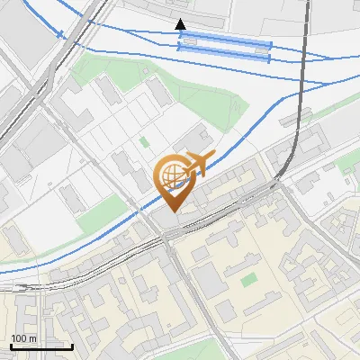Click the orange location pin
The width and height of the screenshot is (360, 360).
pos(172,180)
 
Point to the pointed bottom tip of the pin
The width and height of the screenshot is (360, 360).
pos(172,211)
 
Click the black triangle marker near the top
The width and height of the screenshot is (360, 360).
pos(181,24)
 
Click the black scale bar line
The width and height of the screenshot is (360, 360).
pos(41,346)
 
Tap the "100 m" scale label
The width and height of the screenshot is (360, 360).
pos(24,338)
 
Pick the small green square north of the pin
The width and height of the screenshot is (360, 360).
pos(144,141)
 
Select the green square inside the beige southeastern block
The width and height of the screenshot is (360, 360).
pos(248,280)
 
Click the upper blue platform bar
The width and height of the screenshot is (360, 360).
pos(225,44)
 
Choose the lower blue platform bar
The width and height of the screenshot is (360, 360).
pos(225,58)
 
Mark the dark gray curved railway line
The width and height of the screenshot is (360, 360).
pos(300,117)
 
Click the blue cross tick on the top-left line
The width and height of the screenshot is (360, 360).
pos(61,35)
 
